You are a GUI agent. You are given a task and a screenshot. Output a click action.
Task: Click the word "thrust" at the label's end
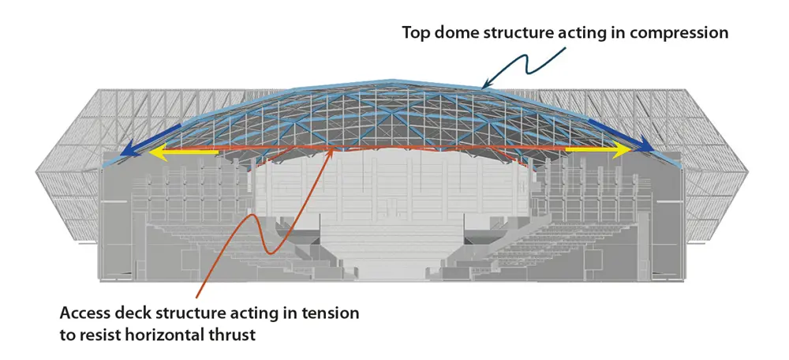[232, 335]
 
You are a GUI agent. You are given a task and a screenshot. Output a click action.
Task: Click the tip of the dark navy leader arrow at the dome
[481, 88]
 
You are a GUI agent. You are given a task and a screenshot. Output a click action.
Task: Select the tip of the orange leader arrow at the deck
[331, 148]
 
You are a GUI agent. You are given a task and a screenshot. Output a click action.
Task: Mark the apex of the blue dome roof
[391, 80]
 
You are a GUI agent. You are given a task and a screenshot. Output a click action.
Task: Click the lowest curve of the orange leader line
[269, 252]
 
